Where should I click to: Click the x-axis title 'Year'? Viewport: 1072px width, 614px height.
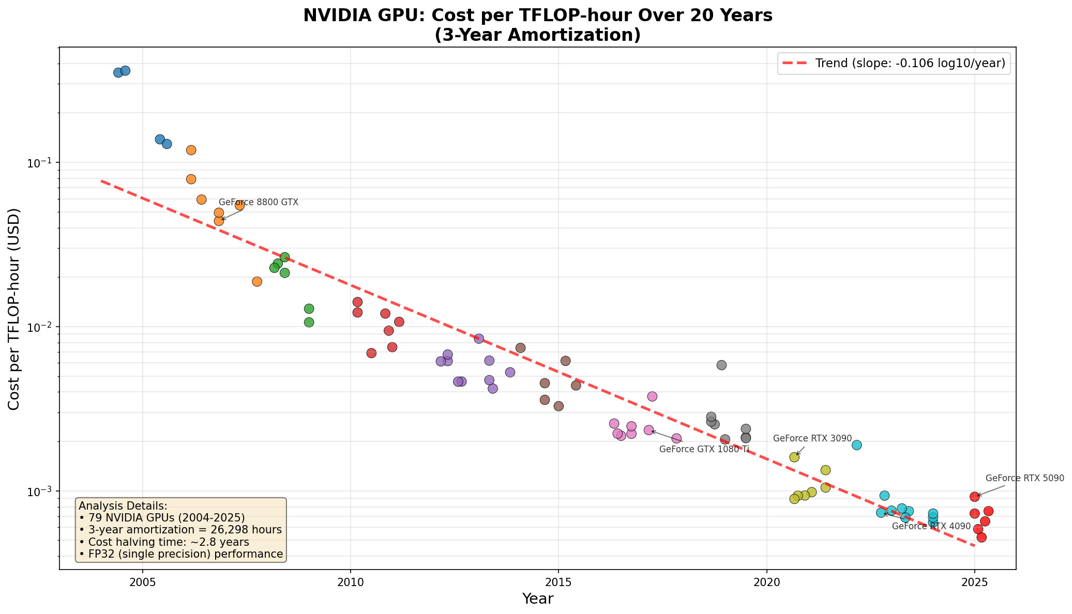(x=537, y=599)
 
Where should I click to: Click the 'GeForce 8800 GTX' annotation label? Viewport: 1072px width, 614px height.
(x=259, y=203)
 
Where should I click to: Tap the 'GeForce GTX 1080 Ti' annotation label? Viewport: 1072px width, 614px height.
(x=704, y=449)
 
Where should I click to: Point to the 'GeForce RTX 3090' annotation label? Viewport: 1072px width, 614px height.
(x=812, y=438)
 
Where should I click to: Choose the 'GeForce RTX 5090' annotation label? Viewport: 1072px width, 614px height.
(x=1024, y=478)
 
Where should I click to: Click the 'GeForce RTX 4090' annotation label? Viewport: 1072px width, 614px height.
(x=931, y=526)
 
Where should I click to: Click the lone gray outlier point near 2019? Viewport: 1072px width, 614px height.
(x=721, y=365)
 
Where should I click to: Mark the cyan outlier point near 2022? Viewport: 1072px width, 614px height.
(x=856, y=445)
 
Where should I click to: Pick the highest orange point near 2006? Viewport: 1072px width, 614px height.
(x=191, y=150)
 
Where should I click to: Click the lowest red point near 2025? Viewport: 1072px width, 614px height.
(x=981, y=538)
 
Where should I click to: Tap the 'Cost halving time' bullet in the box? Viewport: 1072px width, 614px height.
(x=164, y=542)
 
